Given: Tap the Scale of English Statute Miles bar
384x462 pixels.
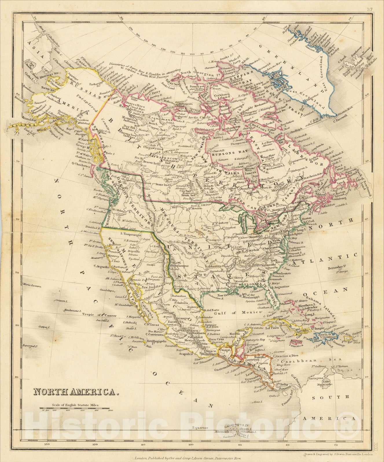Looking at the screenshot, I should point(76,409).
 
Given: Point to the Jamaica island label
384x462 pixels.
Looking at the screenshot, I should point(297,345).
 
